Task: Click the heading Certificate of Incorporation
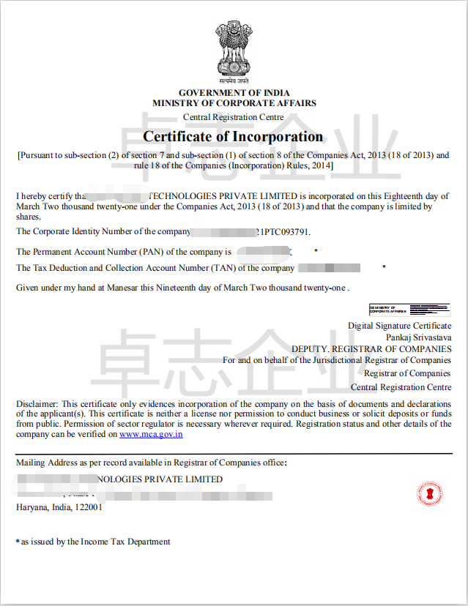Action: pos(233,137)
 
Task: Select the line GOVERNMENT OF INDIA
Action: pos(234,93)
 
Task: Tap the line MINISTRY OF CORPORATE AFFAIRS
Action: pos(234,104)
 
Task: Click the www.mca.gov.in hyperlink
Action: pos(151,434)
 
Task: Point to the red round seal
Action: pos(430,494)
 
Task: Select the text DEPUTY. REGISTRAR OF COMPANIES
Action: pos(371,349)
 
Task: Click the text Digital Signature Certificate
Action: pos(399,326)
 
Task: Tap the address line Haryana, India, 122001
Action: pos(59,506)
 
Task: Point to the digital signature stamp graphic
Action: pos(409,310)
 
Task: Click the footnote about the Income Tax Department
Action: pos(95,542)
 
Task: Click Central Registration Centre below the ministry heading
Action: pos(233,117)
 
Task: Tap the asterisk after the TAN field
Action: pos(384,268)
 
